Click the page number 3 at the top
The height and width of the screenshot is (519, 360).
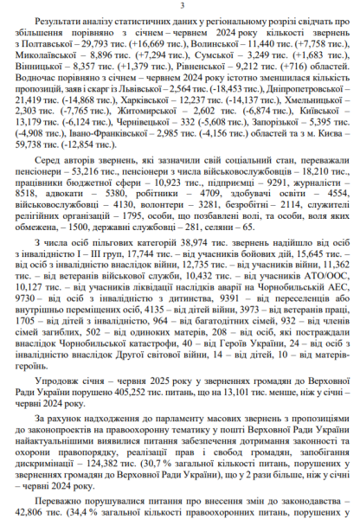tap(180, 7)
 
